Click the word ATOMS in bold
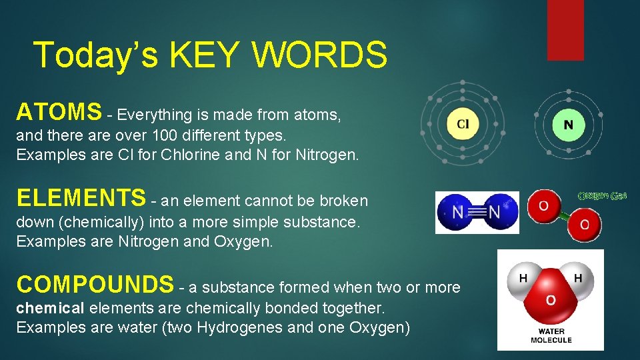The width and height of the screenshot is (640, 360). [x=59, y=111]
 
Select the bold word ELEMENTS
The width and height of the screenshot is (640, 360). [x=81, y=198]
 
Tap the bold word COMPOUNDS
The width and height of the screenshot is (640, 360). [x=95, y=285]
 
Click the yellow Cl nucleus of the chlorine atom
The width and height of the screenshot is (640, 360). [x=463, y=124]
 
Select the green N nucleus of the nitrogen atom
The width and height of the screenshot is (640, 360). [x=568, y=125]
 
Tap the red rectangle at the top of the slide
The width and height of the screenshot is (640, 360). [x=565, y=30]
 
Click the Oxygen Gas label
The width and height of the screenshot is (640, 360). [x=601, y=196]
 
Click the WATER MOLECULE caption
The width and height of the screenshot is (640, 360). [x=551, y=335]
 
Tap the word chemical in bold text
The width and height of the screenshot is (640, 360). [x=51, y=308]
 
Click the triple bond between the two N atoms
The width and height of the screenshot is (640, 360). [x=477, y=213]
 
